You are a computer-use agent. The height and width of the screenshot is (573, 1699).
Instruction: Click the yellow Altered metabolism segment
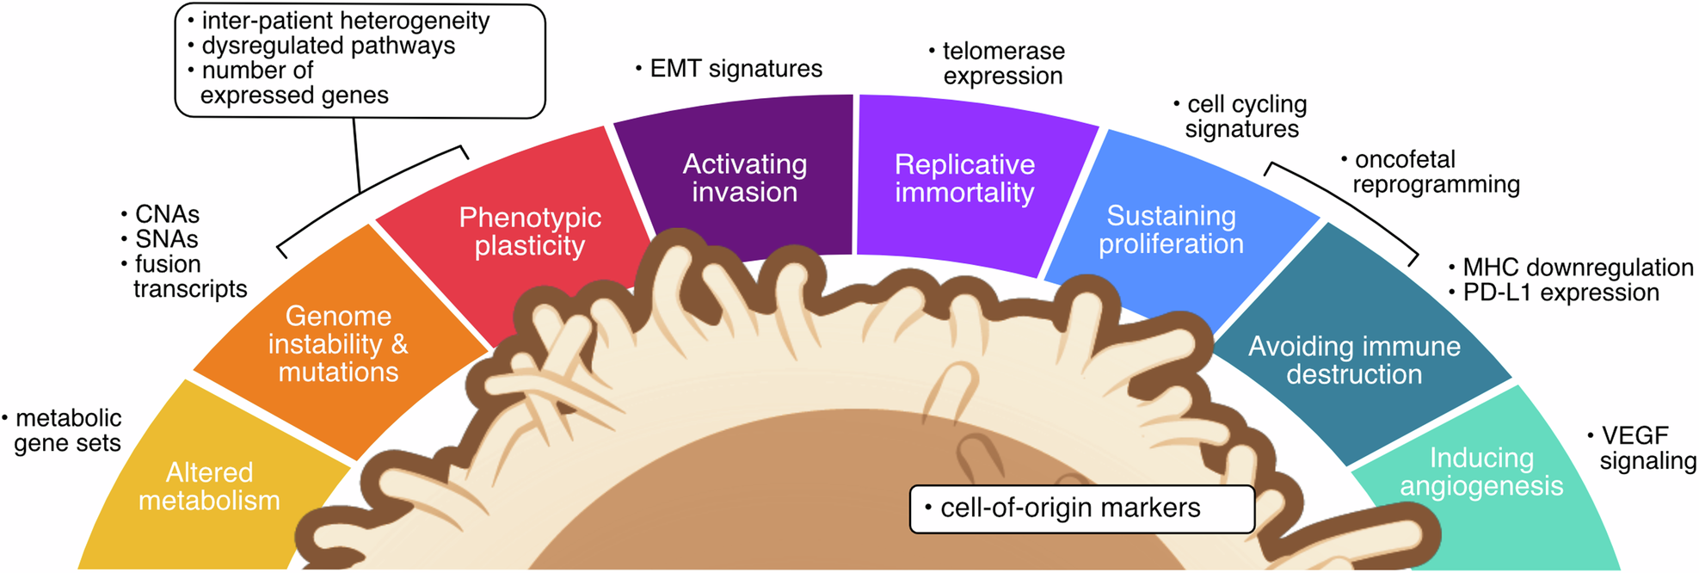[x=209, y=486]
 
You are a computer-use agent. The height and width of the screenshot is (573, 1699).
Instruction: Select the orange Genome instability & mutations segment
[x=338, y=344]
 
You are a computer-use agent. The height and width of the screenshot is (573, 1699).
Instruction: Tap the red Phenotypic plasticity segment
[x=529, y=231]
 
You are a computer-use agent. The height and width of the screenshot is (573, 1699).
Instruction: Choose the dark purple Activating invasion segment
[x=744, y=177]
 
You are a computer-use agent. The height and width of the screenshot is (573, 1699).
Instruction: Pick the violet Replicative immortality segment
[x=963, y=178]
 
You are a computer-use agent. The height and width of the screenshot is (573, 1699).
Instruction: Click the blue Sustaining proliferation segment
[x=1171, y=230]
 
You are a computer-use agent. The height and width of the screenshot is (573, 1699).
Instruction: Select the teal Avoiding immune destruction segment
[x=1354, y=360]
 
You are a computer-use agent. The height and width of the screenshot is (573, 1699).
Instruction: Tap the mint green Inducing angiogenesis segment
[x=1481, y=471]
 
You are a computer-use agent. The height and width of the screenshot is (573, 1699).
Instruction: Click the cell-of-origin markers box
[x=1081, y=508]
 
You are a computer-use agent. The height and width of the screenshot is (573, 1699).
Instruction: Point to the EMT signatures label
[x=735, y=69]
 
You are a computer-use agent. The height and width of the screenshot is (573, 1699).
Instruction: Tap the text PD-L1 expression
[x=1560, y=293]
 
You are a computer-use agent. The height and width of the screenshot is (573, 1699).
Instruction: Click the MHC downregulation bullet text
[x=1577, y=268]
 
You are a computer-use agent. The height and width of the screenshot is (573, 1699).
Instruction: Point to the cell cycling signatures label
[x=1244, y=116]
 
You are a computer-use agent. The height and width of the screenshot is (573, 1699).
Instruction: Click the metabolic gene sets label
[x=67, y=431]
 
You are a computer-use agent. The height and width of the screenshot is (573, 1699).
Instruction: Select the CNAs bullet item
[x=166, y=214]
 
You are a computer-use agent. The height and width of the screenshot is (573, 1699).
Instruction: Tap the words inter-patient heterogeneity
[x=344, y=21]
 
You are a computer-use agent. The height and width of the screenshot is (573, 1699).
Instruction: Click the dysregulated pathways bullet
[x=327, y=46]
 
